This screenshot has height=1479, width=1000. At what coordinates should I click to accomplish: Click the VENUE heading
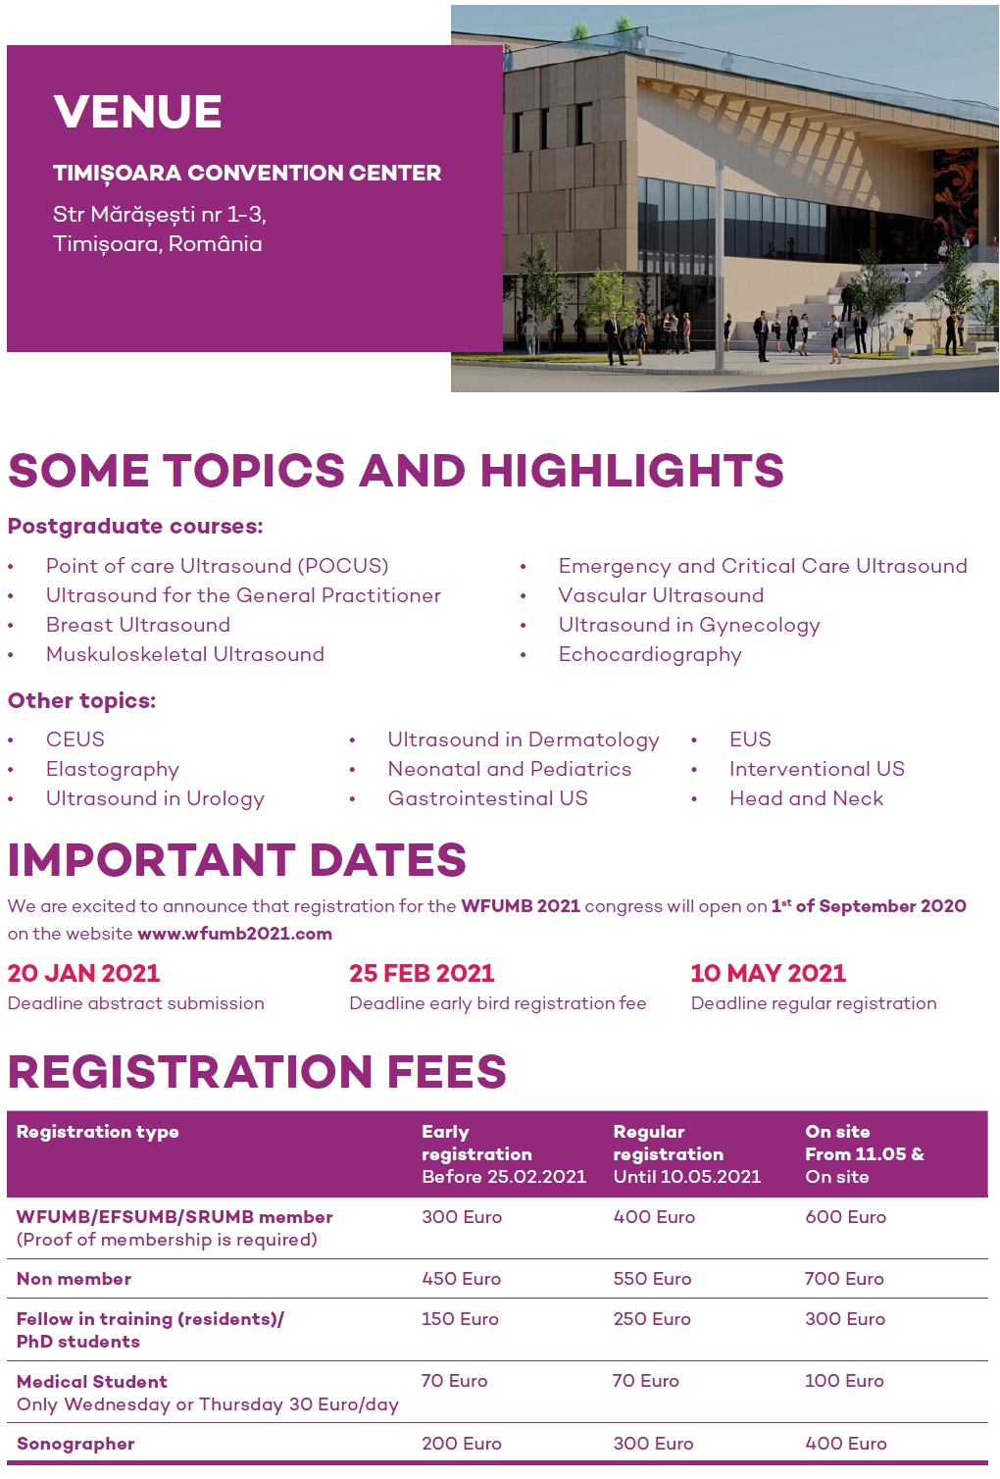click(137, 112)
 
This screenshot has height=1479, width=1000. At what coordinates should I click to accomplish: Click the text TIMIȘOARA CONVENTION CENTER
click(247, 174)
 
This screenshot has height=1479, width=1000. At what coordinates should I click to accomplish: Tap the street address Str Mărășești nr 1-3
click(160, 214)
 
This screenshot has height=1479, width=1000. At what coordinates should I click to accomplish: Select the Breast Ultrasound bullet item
click(138, 625)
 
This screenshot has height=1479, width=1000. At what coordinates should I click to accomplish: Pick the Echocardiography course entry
click(650, 654)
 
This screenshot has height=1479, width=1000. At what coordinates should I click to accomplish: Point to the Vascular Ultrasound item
click(661, 595)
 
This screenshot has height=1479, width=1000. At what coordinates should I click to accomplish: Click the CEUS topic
click(75, 739)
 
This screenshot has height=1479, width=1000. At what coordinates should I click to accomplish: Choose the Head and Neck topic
click(806, 798)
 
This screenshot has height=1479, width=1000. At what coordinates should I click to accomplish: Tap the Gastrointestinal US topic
click(487, 798)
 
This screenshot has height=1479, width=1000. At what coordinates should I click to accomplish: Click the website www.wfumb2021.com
click(234, 934)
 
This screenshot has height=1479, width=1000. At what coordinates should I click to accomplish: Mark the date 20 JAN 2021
click(83, 973)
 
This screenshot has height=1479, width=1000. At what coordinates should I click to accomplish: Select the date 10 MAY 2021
click(768, 973)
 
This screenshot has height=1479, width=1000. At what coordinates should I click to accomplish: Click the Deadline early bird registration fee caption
click(497, 1003)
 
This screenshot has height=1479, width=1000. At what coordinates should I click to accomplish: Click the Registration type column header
click(98, 1132)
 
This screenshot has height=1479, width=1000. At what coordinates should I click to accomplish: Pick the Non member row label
click(74, 1279)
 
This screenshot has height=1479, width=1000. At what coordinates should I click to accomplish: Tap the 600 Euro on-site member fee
click(845, 1217)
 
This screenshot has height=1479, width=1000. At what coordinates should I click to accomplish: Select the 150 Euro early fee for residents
click(460, 1319)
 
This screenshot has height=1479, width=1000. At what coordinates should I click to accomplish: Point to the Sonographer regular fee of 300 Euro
click(653, 1444)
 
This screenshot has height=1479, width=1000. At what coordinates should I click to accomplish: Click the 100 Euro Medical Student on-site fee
click(844, 1381)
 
